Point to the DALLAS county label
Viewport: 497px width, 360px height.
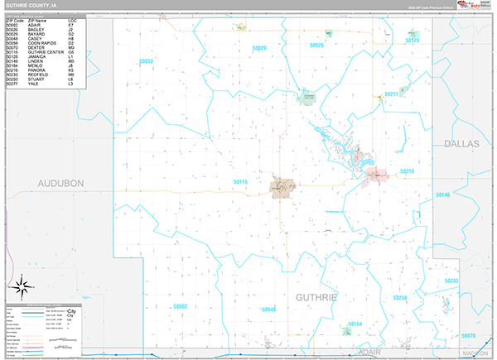[x=461, y=144]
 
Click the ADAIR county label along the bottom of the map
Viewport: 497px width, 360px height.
[x=369, y=352]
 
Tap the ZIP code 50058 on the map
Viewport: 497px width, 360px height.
[x=147, y=61]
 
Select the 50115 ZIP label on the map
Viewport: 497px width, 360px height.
[x=240, y=181]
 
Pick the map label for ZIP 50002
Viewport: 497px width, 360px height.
[x=181, y=306]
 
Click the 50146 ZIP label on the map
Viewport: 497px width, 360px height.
[x=442, y=194]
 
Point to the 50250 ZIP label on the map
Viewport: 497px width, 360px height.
[x=400, y=297]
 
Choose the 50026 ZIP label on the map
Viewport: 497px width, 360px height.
[x=316, y=45]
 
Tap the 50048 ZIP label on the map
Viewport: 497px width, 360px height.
[x=268, y=310]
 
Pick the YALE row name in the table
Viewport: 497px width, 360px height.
[x=32, y=84]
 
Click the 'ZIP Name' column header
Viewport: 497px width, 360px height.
[x=37, y=19]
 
